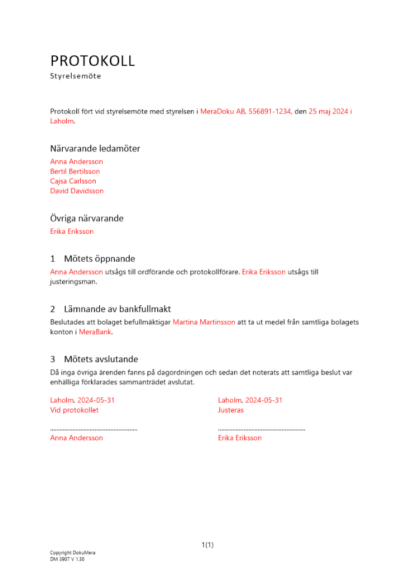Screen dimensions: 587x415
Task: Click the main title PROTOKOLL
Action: coord(92,60)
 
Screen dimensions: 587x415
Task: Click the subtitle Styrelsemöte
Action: coord(76,76)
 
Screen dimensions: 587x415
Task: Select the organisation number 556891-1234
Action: coord(270,111)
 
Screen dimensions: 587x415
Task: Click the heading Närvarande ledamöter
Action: coord(95,149)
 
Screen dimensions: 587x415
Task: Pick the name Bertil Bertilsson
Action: coord(75,171)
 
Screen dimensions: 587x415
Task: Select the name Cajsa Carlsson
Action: coord(73,181)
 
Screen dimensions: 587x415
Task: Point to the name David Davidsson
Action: coord(77,191)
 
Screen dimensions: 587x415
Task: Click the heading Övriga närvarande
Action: coord(87,218)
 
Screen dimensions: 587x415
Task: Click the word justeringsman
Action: coord(73,282)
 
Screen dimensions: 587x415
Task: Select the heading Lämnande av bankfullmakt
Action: coord(117,309)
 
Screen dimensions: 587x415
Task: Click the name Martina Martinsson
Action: coord(204,322)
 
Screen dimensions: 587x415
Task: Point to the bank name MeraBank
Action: coord(95,332)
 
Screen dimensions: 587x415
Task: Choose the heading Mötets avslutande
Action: coord(101,359)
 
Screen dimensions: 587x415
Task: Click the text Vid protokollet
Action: coord(75,410)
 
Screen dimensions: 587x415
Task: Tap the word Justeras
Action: coord(231,410)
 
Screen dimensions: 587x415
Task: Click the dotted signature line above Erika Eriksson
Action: coord(261,430)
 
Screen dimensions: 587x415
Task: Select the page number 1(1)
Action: coord(207,545)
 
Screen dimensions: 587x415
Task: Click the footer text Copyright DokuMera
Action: coord(73,553)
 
